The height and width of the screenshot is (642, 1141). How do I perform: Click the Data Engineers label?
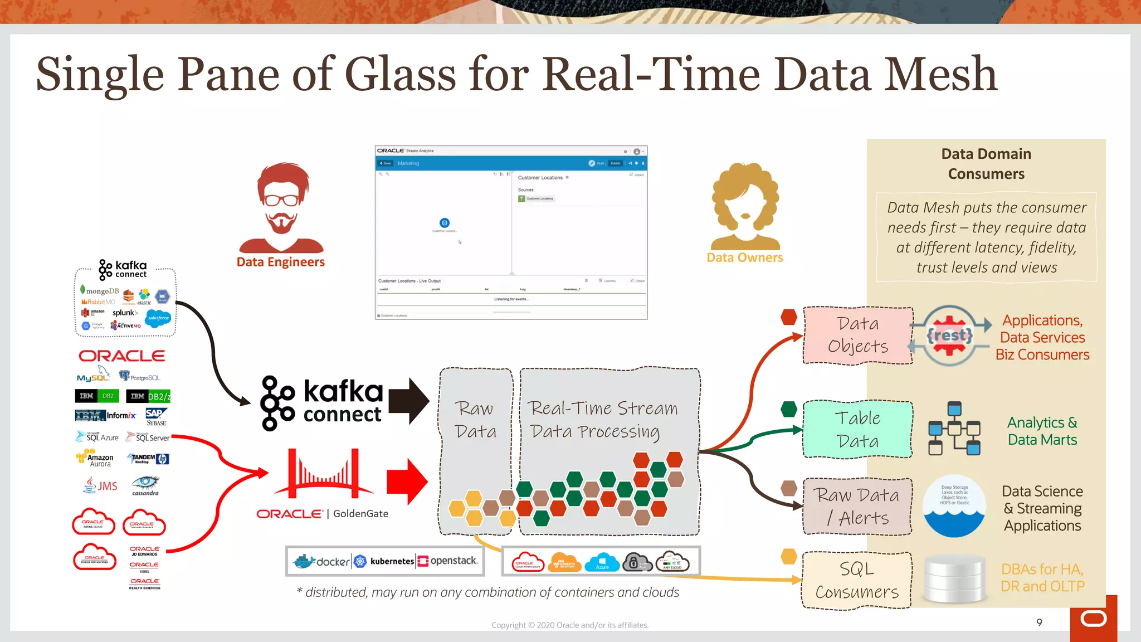[x=280, y=262]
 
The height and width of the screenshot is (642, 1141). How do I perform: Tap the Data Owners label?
[x=744, y=257]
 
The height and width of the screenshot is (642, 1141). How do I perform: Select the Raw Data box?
[x=475, y=420]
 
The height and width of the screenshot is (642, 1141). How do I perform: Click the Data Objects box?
[x=857, y=335]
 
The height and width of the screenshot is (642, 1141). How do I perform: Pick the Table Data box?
[x=857, y=429]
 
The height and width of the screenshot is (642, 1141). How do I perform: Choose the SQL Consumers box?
[x=857, y=580]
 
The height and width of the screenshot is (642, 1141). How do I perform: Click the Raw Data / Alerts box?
[x=857, y=506]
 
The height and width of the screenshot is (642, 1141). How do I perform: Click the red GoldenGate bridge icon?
[x=323, y=473]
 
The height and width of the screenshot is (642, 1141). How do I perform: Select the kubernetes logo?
[x=384, y=561]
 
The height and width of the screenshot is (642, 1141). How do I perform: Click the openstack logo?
[x=448, y=561]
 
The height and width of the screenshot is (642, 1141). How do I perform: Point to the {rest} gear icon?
[x=949, y=335]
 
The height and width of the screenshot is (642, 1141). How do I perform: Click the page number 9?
[x=1039, y=622]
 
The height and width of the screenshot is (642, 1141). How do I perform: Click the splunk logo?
[x=125, y=313]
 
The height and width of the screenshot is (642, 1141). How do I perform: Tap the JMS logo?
[x=101, y=485]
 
